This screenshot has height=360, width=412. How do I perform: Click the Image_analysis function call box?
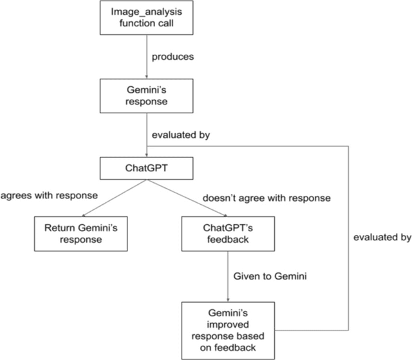click(147, 18)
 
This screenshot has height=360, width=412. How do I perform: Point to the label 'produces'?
click(172, 56)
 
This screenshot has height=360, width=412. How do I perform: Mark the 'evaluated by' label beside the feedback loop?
click(382, 237)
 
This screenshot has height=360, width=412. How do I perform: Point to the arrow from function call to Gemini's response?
click(147, 58)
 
